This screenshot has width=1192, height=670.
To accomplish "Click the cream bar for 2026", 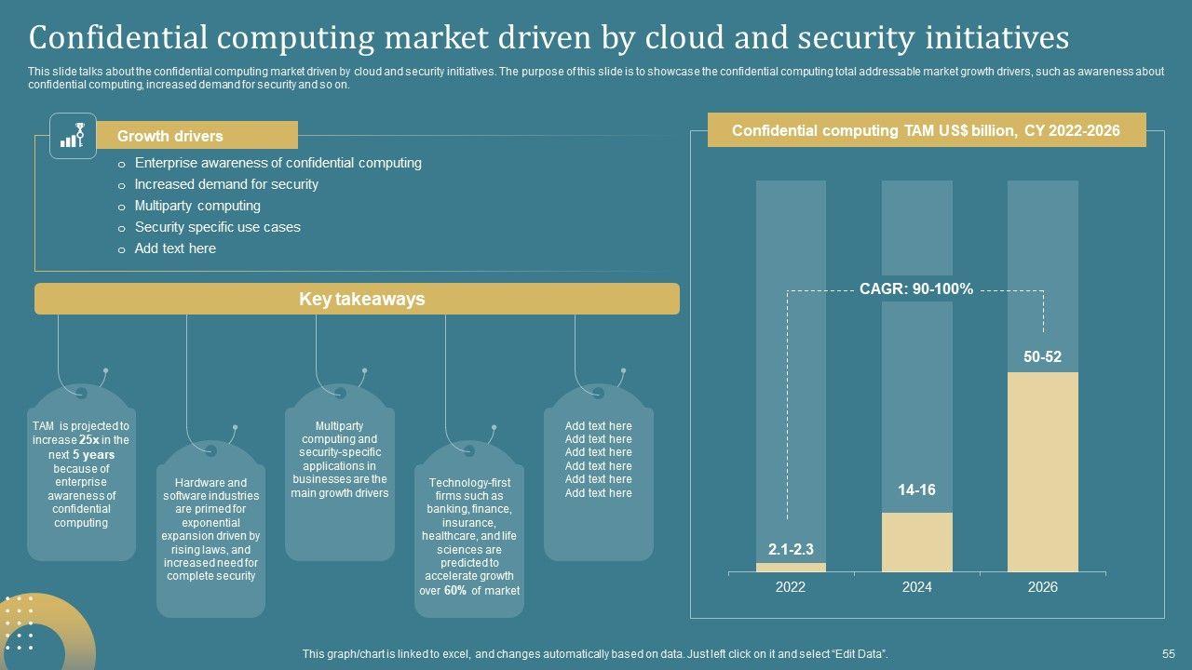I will (1042, 472).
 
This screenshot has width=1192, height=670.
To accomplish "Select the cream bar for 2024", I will (916, 542).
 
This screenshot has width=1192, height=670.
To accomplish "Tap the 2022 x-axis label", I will (791, 587).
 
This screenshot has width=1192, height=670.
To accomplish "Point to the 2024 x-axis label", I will (916, 587).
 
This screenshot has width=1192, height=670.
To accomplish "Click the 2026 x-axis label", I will (1042, 587).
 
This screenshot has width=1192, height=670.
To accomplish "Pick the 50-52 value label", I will (1042, 357).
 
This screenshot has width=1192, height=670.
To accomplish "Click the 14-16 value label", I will (916, 490).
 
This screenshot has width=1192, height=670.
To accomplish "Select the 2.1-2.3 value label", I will (791, 549).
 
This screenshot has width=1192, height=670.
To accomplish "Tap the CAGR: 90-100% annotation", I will (916, 289).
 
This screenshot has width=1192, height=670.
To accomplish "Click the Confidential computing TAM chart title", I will (926, 131).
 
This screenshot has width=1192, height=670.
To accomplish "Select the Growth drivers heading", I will (170, 136).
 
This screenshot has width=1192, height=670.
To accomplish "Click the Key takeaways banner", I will (361, 299).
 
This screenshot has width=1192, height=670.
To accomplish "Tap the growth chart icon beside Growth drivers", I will (73, 136).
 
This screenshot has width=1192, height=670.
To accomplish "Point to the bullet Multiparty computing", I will (197, 206).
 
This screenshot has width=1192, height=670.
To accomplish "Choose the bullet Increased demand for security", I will (226, 184).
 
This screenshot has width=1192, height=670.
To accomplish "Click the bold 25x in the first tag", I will (89, 440).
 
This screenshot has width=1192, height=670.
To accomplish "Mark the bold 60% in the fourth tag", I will (455, 591).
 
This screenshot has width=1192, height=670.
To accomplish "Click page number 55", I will (1169, 655).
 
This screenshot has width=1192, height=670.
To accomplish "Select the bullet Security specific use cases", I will (217, 227).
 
